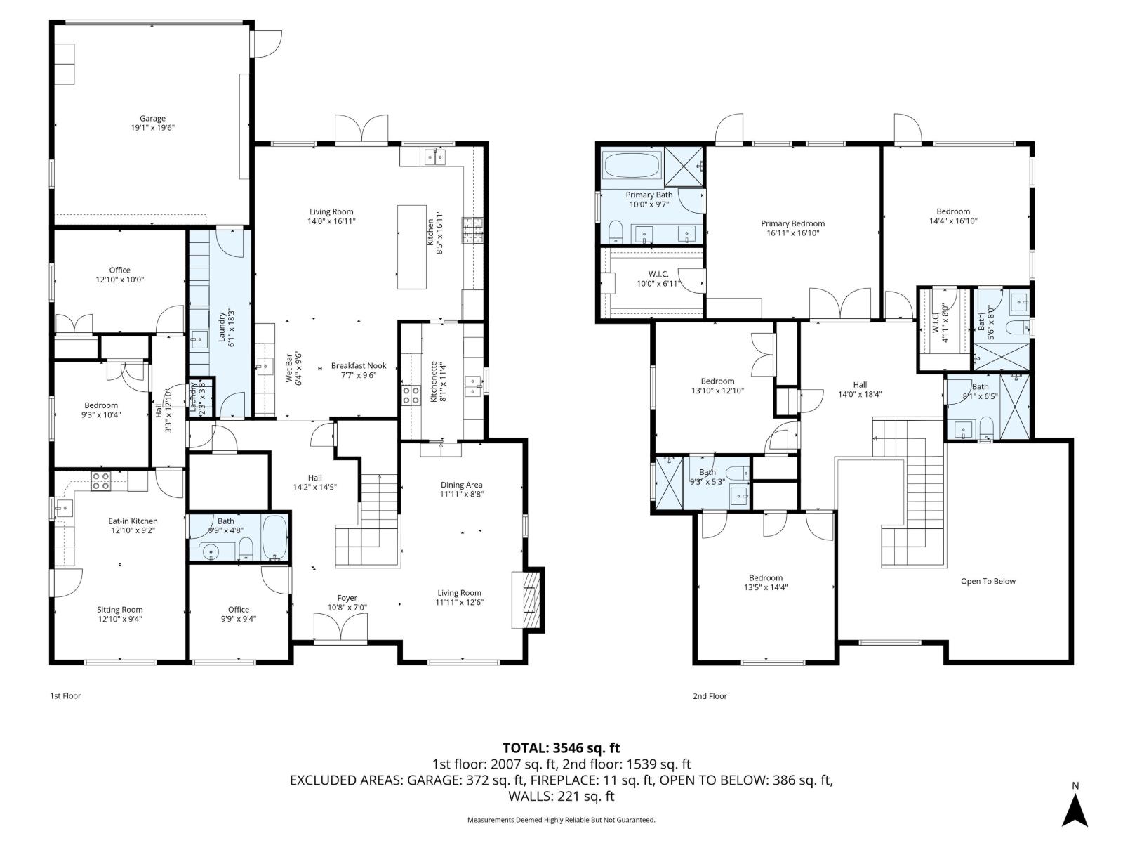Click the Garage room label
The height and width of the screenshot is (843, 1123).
pyautogui.click(x=152, y=119)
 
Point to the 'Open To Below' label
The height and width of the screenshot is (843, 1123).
pyautogui.click(x=988, y=581)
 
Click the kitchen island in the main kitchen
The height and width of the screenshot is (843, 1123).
pyautogui.click(x=412, y=247)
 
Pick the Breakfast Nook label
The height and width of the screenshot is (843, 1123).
pyautogui.click(x=359, y=365)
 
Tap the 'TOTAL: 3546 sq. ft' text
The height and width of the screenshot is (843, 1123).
pyautogui.click(x=561, y=747)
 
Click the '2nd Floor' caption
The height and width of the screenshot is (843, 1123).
pyautogui.click(x=710, y=696)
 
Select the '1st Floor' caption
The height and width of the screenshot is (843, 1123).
pyautogui.click(x=65, y=696)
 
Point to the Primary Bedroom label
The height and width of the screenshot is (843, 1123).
pyautogui.click(x=792, y=223)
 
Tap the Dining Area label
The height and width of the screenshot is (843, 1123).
pyautogui.click(x=461, y=485)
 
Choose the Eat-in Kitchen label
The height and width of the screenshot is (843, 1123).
pyautogui.click(x=133, y=521)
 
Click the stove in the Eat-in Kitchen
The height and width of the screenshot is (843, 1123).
pyautogui.click(x=100, y=481)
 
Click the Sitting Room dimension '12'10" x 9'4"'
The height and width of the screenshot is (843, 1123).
pyautogui.click(x=120, y=620)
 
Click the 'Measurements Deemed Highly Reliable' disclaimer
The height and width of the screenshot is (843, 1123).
pyautogui.click(x=561, y=820)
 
